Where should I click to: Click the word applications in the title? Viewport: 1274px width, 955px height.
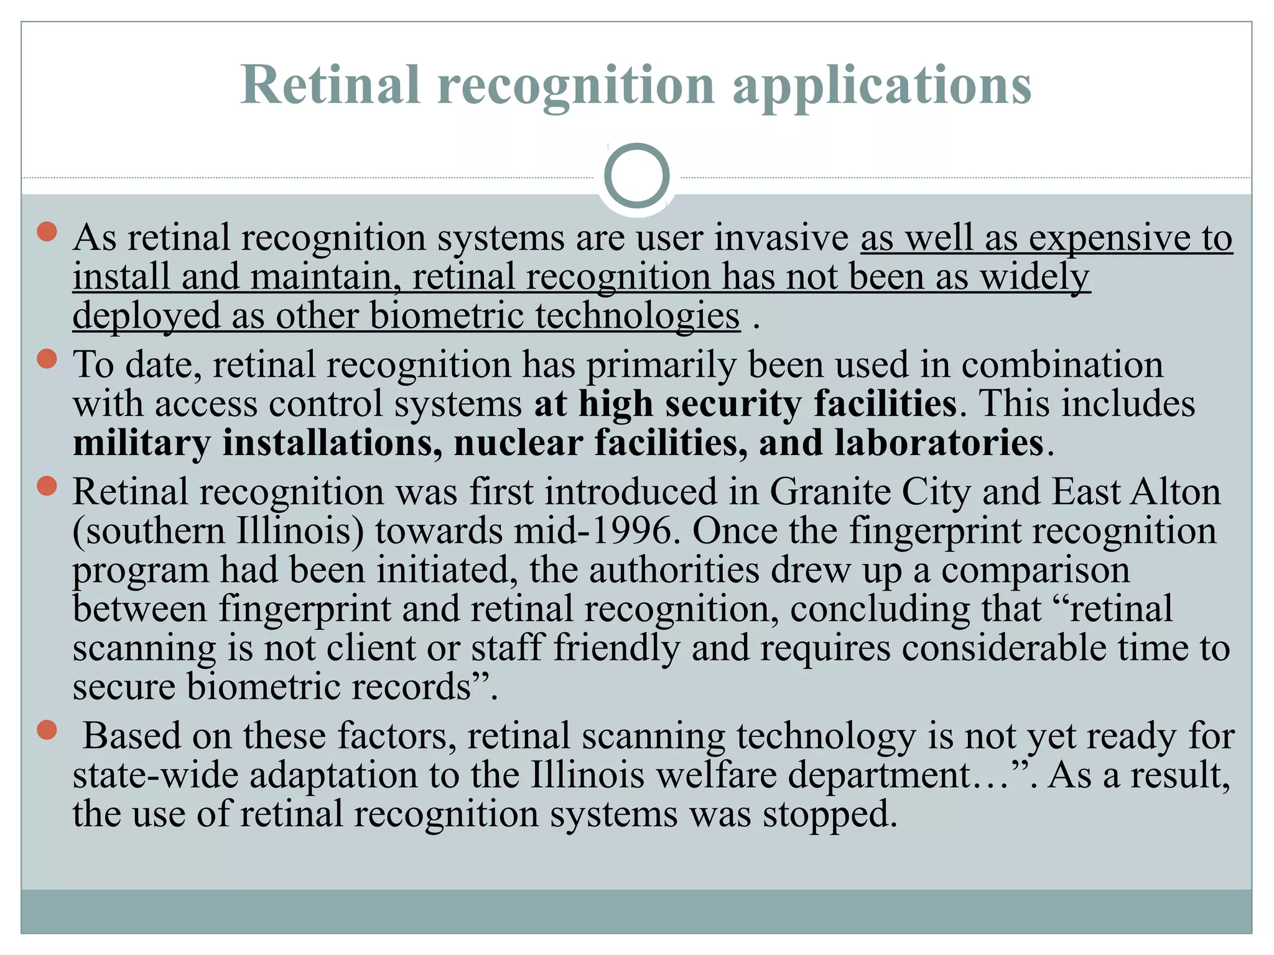tap(882, 86)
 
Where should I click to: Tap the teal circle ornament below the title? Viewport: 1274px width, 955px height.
tap(636, 176)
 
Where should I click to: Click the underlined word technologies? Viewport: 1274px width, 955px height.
tap(638, 316)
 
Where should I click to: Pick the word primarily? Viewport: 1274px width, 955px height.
tap(661, 365)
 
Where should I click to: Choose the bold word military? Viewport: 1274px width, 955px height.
tap(142, 443)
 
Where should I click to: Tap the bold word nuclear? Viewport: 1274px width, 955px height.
tap(518, 443)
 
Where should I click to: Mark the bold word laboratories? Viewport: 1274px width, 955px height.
tap(939, 443)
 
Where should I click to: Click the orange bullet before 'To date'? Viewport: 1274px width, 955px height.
tap(47, 359)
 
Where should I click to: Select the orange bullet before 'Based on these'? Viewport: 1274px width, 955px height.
tap(47, 730)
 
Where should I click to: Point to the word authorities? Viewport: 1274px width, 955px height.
tap(674, 570)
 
